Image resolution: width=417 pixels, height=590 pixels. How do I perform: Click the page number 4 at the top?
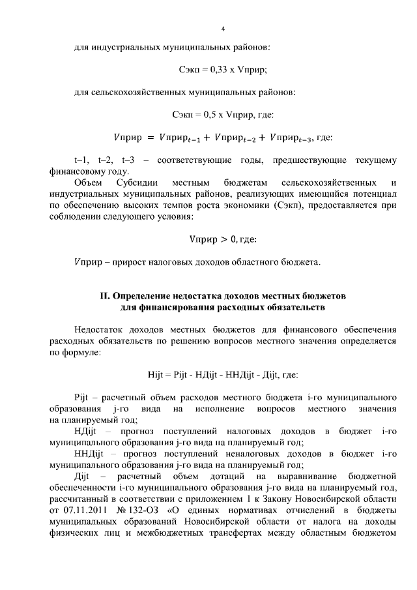pos(223,29)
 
